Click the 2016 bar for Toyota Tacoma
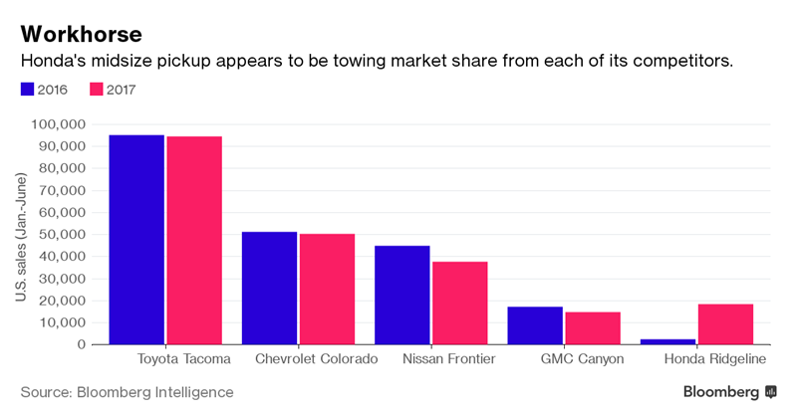pos(136,239)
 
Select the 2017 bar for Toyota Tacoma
pos(194,240)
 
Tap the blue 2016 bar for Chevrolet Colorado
pos(269,288)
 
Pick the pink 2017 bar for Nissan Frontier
pos(460,303)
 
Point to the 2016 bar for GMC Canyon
pos(535,325)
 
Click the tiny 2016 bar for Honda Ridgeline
pos(667,341)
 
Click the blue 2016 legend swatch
pos(28,90)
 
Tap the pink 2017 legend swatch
pos(98,90)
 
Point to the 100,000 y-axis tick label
pos(59,124)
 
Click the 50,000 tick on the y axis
pos(63,235)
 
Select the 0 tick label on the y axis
pos(81,344)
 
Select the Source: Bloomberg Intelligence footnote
pos(128,392)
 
